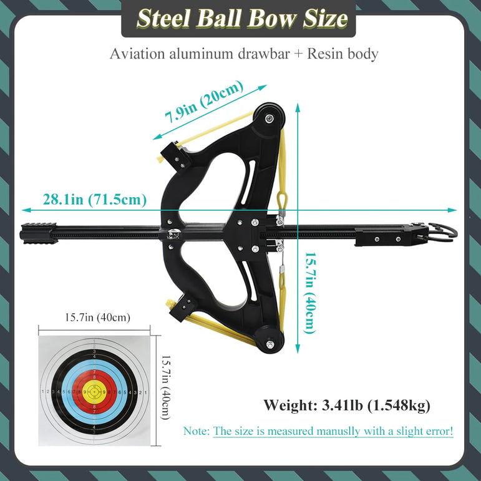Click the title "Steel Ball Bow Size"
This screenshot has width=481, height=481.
242,19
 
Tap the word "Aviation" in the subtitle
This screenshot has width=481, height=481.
137,54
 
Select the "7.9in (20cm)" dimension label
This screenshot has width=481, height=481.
204,102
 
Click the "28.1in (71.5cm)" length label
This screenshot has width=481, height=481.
94,200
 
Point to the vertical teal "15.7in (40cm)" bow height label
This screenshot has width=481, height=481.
309,293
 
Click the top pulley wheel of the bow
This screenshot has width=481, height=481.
270,118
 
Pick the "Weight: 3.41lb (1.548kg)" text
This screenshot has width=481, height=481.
347,406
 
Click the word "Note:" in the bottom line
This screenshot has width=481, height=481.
197,431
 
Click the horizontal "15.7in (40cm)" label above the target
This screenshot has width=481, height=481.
97,317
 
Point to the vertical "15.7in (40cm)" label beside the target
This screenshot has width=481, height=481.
166,387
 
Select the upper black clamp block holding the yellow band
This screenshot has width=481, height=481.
175,155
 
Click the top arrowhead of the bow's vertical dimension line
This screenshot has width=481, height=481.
298,108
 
